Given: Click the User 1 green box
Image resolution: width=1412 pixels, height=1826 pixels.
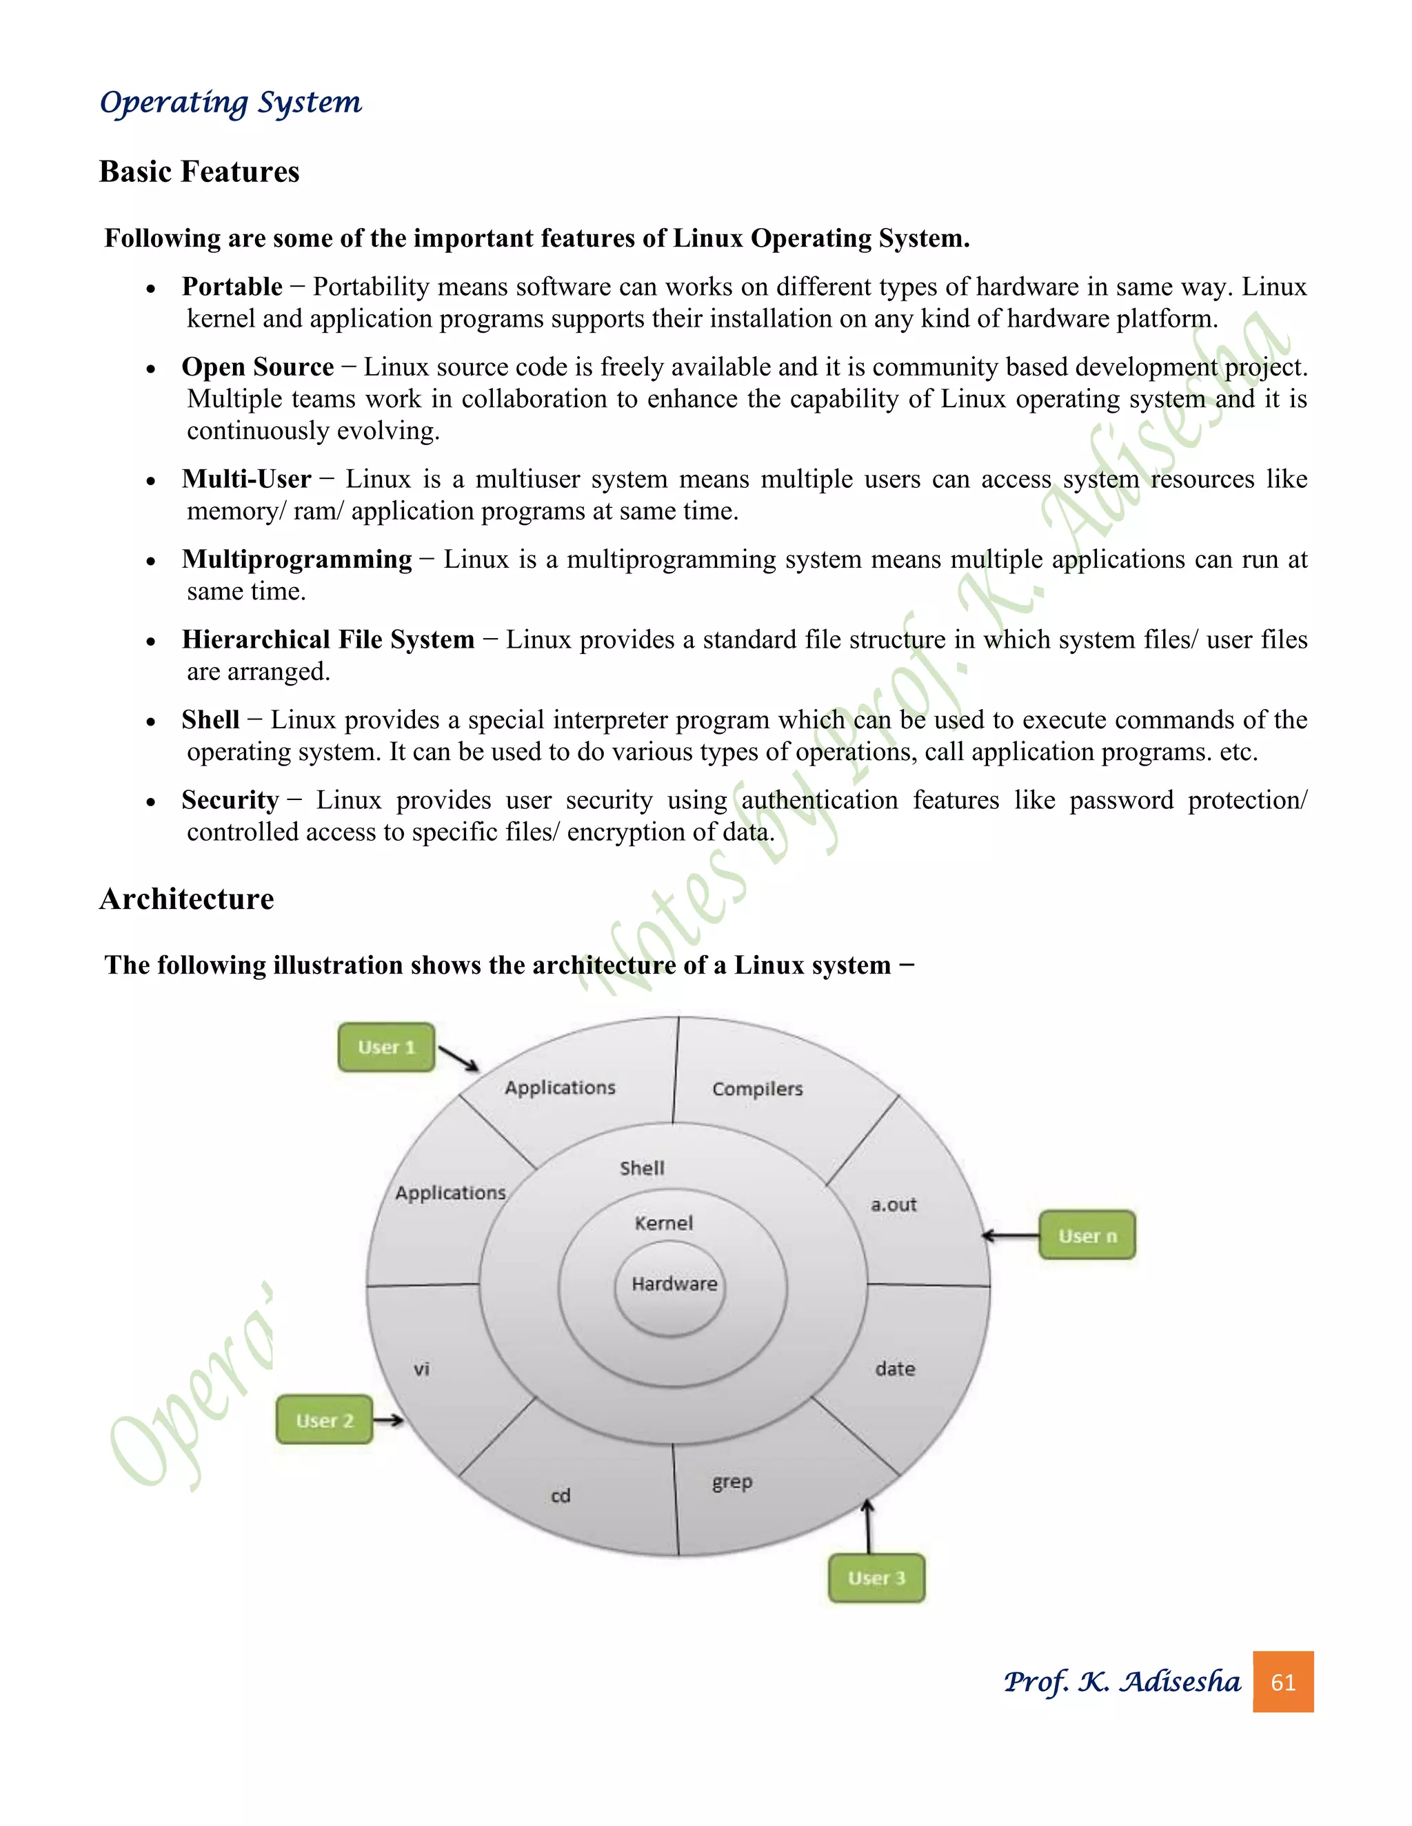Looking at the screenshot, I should (387, 1047).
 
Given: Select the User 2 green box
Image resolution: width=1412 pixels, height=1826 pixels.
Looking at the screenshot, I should (325, 1419).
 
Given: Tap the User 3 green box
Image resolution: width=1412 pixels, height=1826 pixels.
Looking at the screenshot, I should (877, 1578).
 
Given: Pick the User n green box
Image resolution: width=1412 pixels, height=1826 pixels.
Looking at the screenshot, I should (1087, 1235).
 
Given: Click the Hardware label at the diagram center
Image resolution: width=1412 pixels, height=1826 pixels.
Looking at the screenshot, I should (674, 1284).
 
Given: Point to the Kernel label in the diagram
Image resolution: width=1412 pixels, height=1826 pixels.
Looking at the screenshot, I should (663, 1223).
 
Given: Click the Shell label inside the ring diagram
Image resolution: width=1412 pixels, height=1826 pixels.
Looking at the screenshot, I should (642, 1168).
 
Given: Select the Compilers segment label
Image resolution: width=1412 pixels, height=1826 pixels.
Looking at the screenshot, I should (757, 1089).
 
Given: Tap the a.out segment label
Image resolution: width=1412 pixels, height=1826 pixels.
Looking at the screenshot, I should (894, 1204).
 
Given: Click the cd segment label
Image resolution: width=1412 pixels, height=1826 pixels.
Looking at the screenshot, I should (561, 1496).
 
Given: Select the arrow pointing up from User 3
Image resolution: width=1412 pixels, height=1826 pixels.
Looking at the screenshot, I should (868, 1526).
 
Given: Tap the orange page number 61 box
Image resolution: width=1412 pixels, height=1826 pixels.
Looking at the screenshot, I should (1282, 1681).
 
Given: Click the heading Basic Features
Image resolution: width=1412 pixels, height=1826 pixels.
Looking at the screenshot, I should (199, 172).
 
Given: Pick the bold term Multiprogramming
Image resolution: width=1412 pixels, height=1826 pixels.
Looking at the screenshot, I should (297, 559).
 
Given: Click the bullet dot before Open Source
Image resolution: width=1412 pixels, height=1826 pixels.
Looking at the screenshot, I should (150, 369).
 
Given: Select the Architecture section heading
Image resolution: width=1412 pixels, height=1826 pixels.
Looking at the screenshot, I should (187, 899).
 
